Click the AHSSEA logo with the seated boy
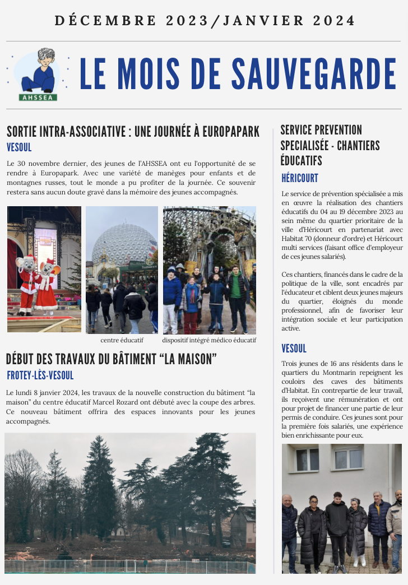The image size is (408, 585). click(39, 75)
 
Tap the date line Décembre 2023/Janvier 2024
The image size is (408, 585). click(205, 21)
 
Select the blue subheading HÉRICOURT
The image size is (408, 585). click(299, 178)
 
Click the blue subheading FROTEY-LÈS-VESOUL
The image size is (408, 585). click(40, 375)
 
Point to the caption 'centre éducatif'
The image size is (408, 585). click(122, 340)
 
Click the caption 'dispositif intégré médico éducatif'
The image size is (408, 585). click(209, 340)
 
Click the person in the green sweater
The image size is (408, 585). click(236, 289)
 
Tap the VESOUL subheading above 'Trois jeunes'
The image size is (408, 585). click(294, 349)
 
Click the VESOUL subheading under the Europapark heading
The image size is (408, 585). click(19, 148)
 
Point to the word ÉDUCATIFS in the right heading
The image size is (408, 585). click(301, 161)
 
